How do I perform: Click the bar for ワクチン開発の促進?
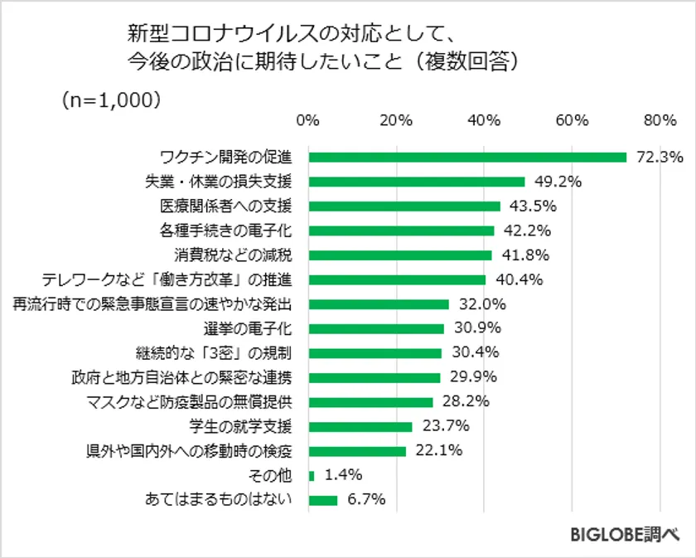pos(466,157)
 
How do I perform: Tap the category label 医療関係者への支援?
pos(225,206)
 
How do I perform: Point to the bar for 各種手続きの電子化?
pos(401,230)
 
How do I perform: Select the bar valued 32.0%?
pos(379,303)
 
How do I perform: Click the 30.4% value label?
pos(473,352)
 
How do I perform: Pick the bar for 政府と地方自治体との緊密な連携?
pos(374,377)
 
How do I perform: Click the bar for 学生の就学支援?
pos(360,426)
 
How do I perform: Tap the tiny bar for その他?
pos(312,475)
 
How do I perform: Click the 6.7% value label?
pos(366,500)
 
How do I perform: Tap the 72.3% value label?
pos(660,157)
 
